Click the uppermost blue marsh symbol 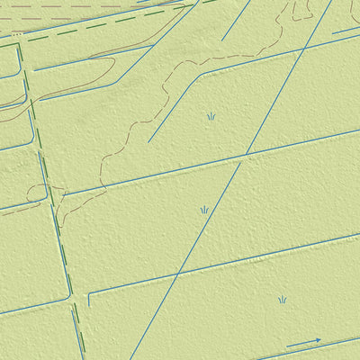211,116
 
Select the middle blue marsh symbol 204,210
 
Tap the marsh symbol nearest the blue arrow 282,300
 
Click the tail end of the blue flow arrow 287,347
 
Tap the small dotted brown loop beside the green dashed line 36,193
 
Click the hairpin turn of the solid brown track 113,64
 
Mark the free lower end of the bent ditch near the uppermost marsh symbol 149,141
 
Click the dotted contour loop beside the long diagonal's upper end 300,11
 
